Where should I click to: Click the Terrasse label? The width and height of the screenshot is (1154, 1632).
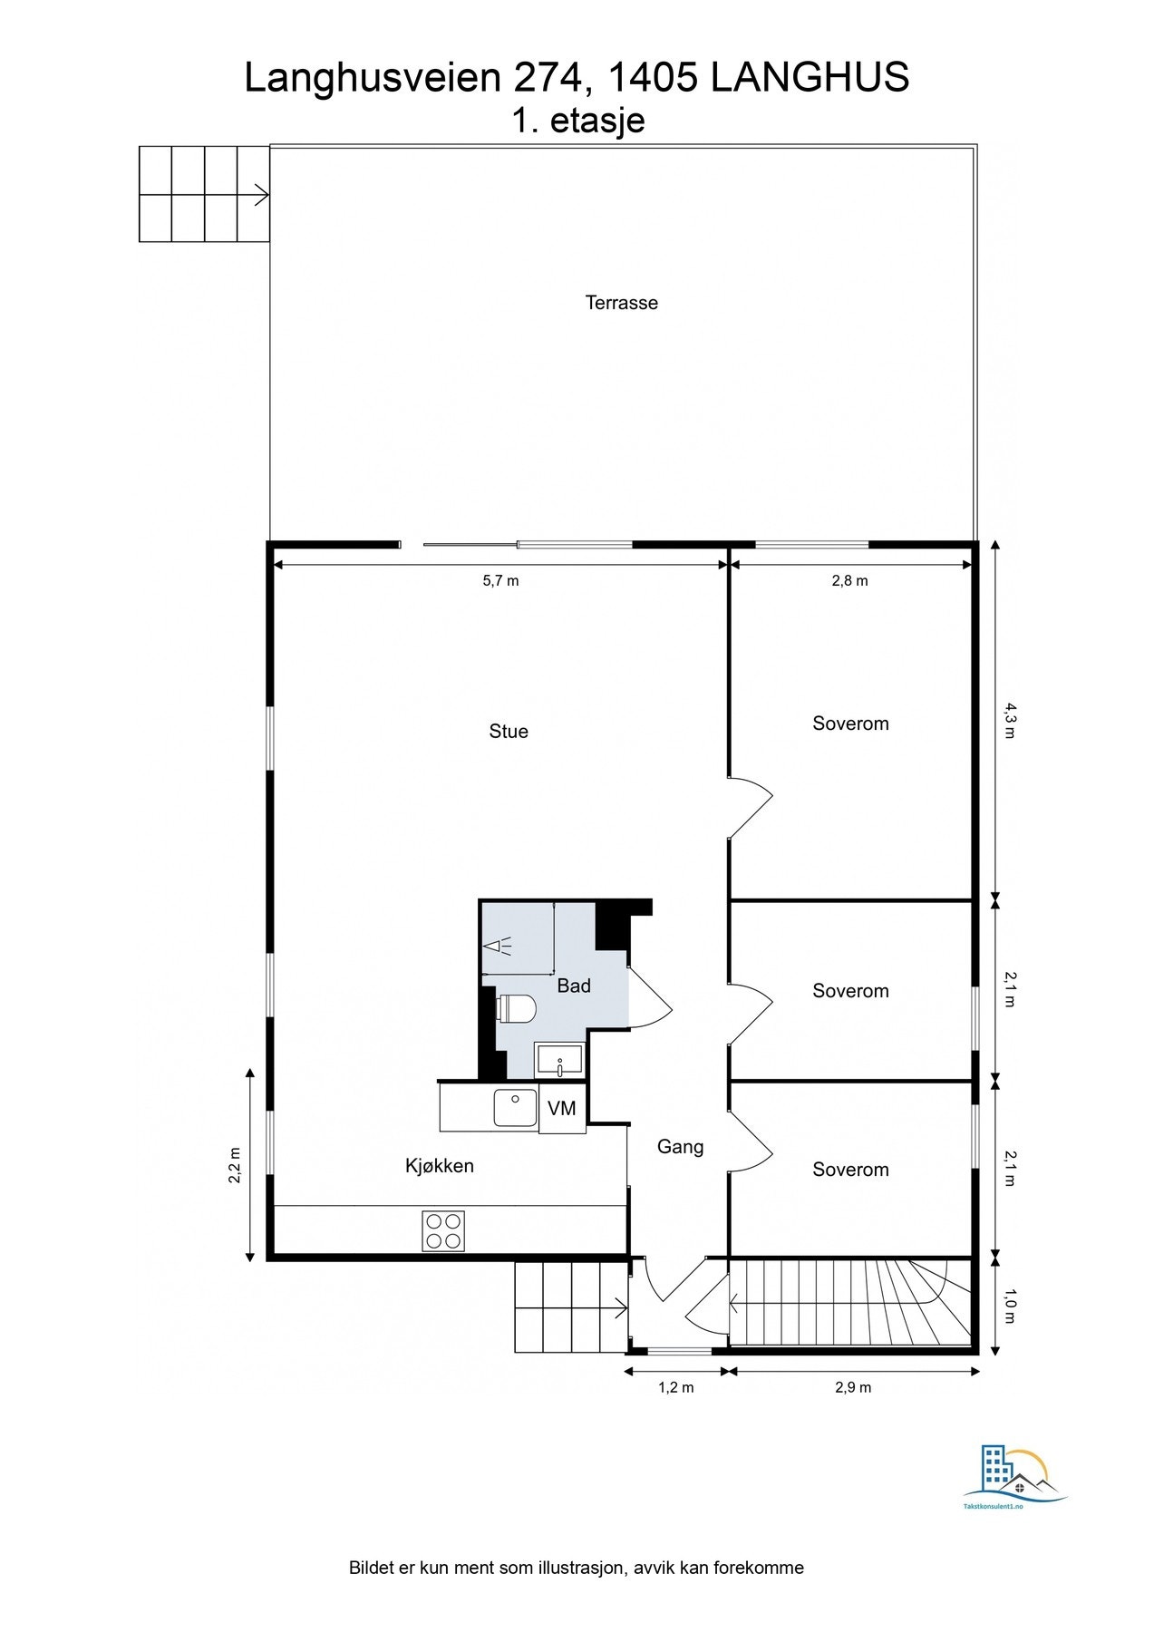[621, 303]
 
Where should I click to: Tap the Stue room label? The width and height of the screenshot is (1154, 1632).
[508, 732]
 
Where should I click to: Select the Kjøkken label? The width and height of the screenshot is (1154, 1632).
[439, 1166]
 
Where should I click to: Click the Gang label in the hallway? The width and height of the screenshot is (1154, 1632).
[680, 1147]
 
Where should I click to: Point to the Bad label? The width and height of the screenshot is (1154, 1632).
[573, 986]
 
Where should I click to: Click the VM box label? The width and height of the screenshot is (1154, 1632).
[562, 1108]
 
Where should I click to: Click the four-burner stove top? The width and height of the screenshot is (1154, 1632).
[443, 1230]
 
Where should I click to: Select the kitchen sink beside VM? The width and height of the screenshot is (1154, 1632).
[515, 1107]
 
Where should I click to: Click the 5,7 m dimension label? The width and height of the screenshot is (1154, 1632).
[500, 581]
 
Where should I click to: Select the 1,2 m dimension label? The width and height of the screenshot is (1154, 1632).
[675, 1387]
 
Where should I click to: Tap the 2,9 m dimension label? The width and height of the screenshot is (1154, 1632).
[852, 1387]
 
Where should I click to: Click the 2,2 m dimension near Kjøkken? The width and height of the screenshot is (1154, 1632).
[235, 1166]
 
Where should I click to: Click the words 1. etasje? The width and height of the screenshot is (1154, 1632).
[577, 121]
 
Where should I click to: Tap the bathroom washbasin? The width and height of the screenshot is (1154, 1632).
[559, 1059]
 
